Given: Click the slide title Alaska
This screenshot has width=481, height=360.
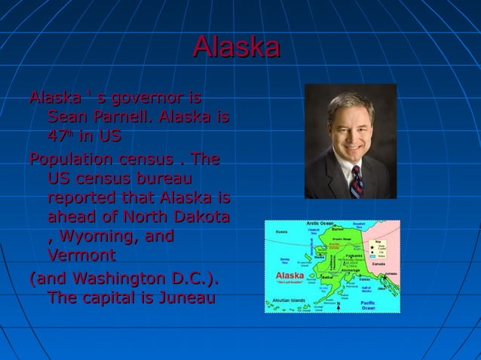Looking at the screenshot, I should click(x=236, y=47).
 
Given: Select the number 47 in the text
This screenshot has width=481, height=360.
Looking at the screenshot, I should click(x=56, y=138).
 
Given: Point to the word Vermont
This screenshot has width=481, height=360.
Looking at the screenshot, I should click(x=81, y=255).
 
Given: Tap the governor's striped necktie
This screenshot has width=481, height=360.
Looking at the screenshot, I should click(x=356, y=182).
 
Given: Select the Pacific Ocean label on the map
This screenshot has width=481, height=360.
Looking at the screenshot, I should click(x=368, y=304).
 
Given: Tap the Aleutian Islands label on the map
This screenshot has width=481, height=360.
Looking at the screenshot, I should click(x=289, y=301).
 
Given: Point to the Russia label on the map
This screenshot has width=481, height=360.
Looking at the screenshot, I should click(x=280, y=231).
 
